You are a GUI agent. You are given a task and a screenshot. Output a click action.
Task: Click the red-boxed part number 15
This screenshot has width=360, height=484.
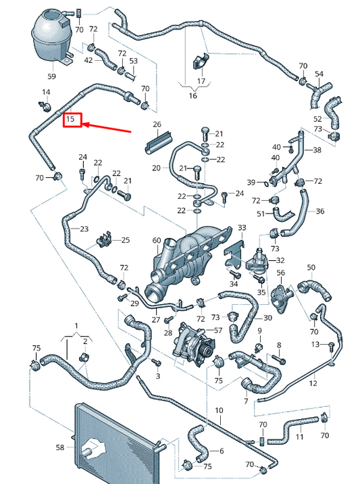71,119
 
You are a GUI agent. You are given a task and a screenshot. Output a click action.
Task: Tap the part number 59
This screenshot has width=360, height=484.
52,76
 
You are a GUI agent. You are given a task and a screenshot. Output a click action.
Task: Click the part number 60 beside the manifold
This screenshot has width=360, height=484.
157,241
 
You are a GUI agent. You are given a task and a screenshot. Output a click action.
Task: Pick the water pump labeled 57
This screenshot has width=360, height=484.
194,342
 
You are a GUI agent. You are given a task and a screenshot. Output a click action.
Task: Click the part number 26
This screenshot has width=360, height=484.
157,124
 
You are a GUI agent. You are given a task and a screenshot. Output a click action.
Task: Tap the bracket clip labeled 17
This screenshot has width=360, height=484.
200,62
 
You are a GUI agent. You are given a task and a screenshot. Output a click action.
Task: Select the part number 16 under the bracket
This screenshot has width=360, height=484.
192,96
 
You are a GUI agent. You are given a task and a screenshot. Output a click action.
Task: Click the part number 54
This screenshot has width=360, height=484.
319,74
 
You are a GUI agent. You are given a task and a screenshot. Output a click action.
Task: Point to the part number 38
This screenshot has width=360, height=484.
317,150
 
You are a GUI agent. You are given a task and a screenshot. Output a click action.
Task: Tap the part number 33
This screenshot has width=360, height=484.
242,228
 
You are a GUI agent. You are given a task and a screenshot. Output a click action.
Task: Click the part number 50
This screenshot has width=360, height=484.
311,267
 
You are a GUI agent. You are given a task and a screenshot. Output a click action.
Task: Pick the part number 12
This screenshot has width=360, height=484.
313,383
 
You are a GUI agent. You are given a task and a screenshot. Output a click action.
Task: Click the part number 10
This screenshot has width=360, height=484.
219,410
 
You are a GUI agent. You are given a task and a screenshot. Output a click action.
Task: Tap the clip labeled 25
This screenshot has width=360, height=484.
104,240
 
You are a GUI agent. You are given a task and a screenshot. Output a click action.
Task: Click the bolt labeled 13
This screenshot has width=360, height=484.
332,345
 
